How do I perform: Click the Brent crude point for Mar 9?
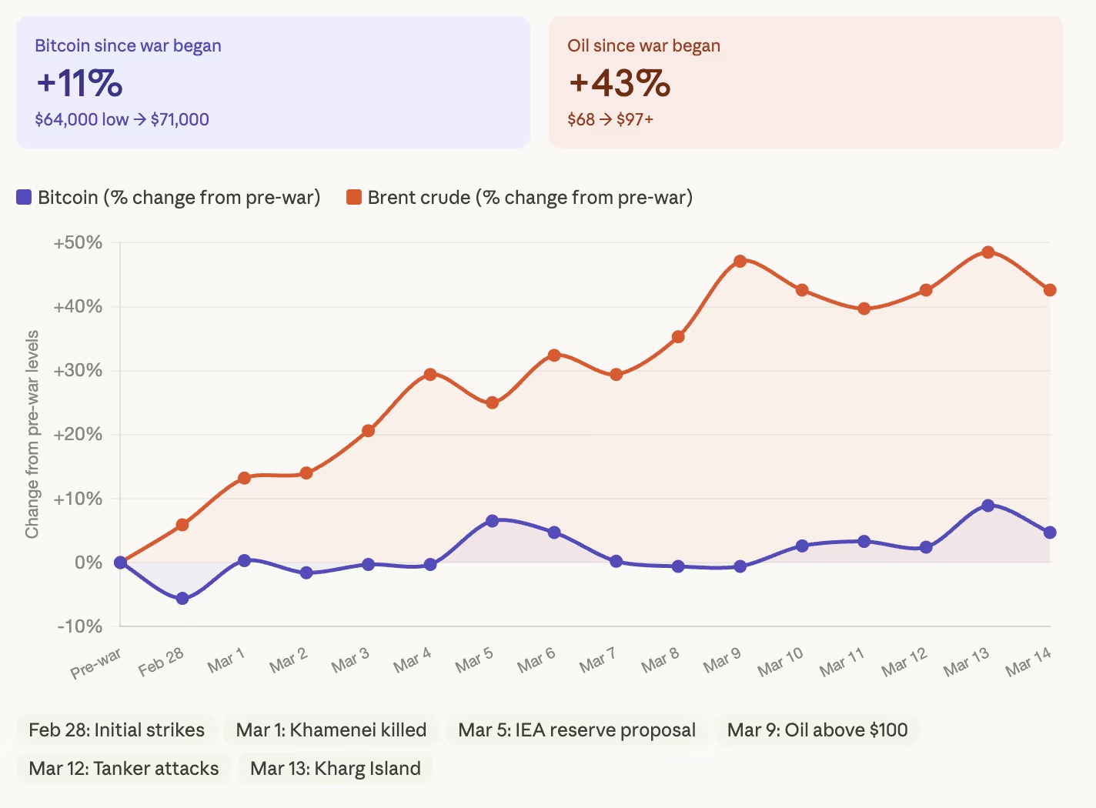(740, 261)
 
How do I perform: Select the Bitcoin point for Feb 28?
(182, 598)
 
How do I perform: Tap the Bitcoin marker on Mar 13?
(988, 506)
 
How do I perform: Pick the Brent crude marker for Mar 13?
(988, 252)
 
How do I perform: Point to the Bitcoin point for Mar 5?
(493, 521)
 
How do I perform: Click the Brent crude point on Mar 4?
(430, 375)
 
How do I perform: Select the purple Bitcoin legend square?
(24, 198)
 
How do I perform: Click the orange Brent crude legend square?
(354, 198)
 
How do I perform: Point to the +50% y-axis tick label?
(78, 243)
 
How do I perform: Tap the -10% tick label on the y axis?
(79, 626)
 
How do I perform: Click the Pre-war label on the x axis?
(96, 663)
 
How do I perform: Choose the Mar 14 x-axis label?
(1027, 662)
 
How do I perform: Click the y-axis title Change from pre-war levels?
(32, 435)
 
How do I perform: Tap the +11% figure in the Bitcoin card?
(79, 83)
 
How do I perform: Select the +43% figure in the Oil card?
(619, 83)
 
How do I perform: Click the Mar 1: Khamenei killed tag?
(331, 730)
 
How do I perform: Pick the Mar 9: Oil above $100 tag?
(817, 730)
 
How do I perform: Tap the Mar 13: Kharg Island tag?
(336, 768)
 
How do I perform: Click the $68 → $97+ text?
(610, 119)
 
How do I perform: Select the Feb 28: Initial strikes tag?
(116, 730)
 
